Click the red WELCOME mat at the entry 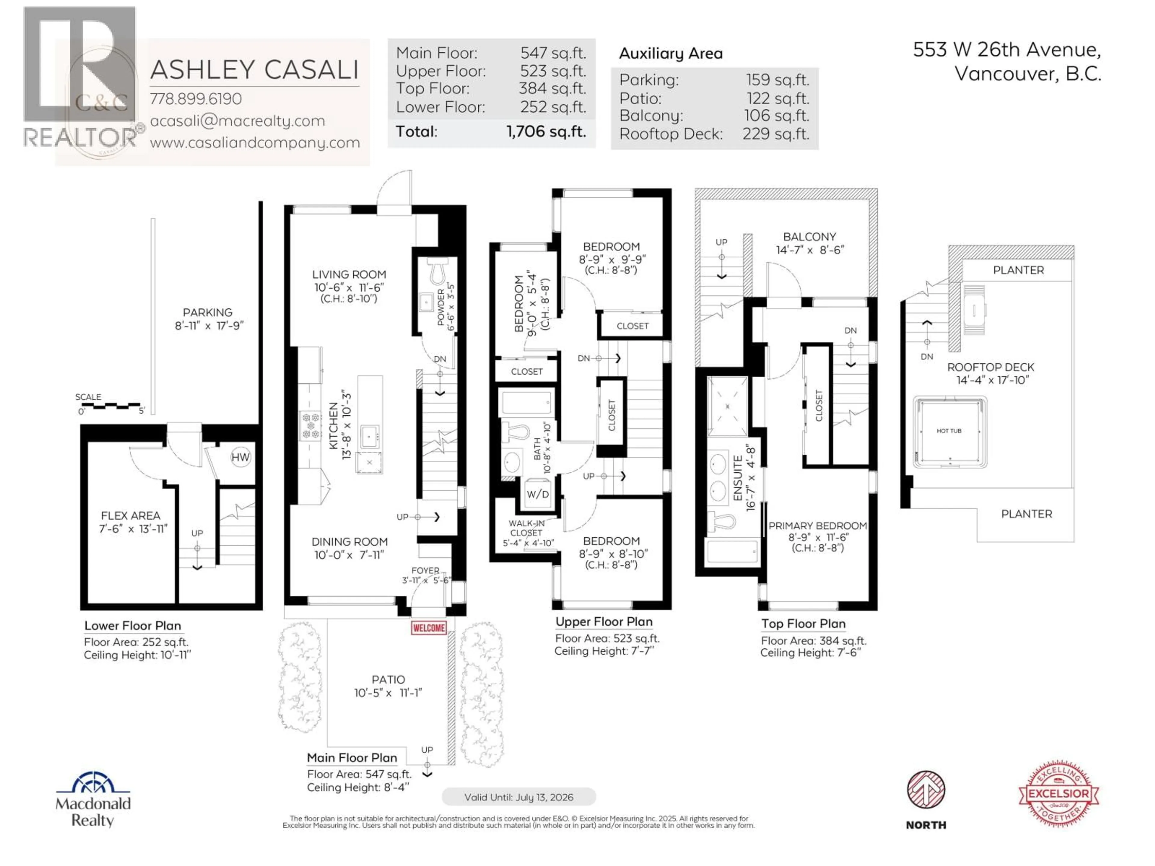click(429, 628)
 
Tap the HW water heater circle click(240, 457)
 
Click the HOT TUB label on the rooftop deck click(949, 431)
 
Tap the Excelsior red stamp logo click(1058, 794)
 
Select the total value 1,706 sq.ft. click(546, 131)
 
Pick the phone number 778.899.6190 click(196, 99)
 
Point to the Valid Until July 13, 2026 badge click(519, 797)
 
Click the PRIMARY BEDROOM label click(817, 526)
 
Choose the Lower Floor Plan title click(133, 625)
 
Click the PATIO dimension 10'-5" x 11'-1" click(388, 693)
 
